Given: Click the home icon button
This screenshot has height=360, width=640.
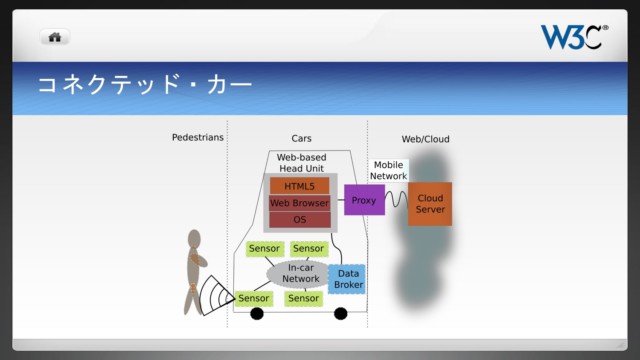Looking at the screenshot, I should click(x=54, y=37).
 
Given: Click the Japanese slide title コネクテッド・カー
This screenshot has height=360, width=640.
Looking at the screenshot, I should click(x=144, y=85).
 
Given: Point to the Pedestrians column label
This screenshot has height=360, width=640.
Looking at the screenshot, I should click(x=197, y=137).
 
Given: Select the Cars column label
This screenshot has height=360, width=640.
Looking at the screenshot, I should click(x=300, y=138).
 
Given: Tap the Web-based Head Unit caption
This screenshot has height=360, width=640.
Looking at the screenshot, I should click(x=300, y=163).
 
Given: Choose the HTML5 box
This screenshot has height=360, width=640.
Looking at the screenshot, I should click(x=299, y=186).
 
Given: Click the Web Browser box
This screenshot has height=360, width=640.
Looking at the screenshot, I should click(x=299, y=203).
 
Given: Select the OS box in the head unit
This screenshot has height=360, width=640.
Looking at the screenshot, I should click(x=299, y=219).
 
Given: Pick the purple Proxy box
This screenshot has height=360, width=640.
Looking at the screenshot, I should click(x=363, y=200).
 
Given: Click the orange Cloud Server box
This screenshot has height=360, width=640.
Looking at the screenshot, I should click(x=429, y=203).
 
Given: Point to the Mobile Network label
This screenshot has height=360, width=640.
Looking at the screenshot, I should click(x=388, y=170).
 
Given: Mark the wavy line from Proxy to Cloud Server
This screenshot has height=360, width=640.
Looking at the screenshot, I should click(x=395, y=200).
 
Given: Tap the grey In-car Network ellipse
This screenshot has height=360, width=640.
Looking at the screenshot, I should click(x=300, y=273).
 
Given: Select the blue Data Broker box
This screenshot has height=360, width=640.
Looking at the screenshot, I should click(x=347, y=279).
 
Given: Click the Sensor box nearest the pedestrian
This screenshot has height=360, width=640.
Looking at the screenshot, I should click(x=253, y=298).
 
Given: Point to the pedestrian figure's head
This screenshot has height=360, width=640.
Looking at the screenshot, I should click(x=195, y=240).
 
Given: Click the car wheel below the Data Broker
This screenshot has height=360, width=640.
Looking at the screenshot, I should click(x=340, y=314).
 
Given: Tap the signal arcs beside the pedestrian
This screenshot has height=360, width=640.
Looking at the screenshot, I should click(x=217, y=294).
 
